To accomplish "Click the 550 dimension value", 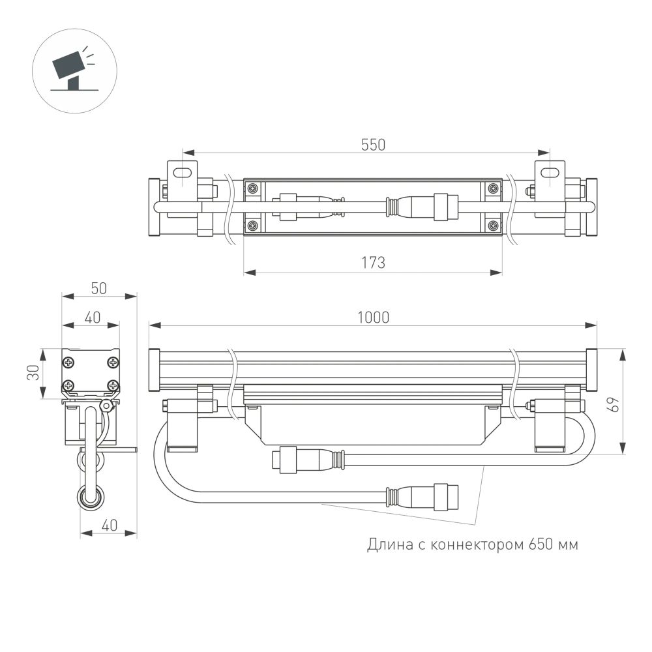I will pyautogui.click(x=374, y=145).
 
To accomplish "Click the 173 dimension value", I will pyautogui.click(x=373, y=262).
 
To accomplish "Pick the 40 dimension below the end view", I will pyautogui.click(x=108, y=526).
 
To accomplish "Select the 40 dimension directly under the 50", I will pyautogui.click(x=91, y=318).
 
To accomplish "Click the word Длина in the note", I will pyautogui.click(x=386, y=544).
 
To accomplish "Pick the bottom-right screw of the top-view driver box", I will pyautogui.click(x=493, y=226).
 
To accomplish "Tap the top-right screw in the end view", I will pyautogui.click(x=113, y=362).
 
